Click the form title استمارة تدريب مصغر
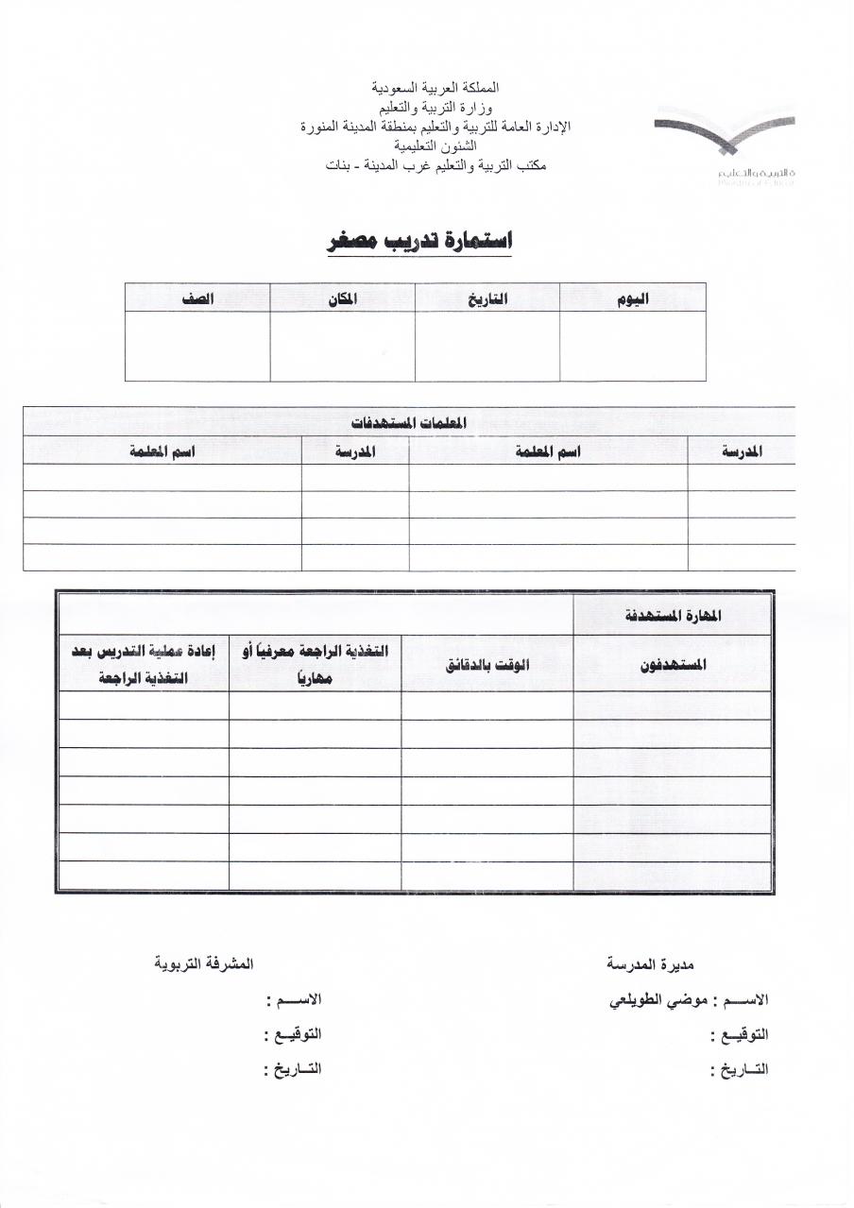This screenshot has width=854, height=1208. pos(419,241)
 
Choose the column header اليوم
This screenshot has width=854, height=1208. pos(632,298)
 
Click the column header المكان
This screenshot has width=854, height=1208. pos(342,298)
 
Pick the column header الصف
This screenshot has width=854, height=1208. pos(197,298)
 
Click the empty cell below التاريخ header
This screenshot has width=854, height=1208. pos(487,346)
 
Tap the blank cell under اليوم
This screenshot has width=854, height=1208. pos(632,346)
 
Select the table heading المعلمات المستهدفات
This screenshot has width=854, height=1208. pos(408,422)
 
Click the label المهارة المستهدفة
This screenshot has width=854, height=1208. pos(673,616)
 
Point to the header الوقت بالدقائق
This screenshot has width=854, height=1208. pos(487,664)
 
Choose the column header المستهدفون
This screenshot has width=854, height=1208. pos(673,664)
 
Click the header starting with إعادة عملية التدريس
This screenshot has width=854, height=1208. pos(144,664)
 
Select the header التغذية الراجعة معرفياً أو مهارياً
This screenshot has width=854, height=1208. pos(315,664)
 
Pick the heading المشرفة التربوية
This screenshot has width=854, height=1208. pos(203,964)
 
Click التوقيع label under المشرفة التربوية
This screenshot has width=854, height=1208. pos(293,1034)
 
